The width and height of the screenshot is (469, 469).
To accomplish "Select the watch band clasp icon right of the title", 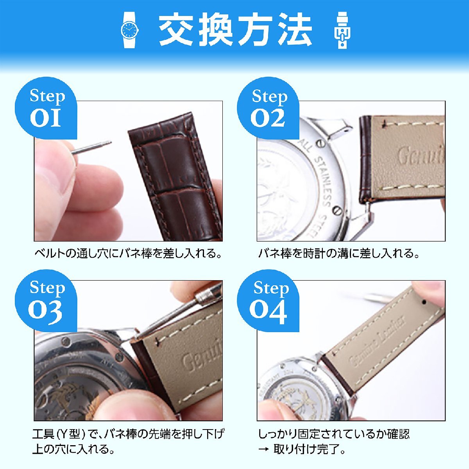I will click(x=342, y=30).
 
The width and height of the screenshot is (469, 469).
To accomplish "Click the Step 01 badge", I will click(x=46, y=107).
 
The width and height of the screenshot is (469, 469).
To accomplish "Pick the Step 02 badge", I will click(x=269, y=107).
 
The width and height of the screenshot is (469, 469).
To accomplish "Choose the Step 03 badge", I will click(x=46, y=299).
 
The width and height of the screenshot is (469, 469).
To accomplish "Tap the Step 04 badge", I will click(x=269, y=299).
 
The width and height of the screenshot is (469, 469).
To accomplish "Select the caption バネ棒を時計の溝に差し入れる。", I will click(x=339, y=254).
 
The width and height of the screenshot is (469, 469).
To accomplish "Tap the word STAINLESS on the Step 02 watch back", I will click(x=323, y=180).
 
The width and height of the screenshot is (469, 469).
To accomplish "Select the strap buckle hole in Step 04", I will click(x=425, y=302).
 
